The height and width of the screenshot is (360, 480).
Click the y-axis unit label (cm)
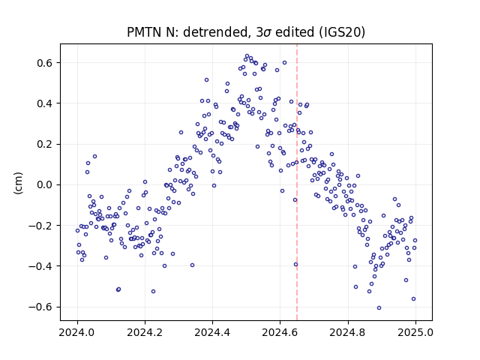tap(18, 183)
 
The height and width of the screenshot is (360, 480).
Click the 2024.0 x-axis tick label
tap(77, 332)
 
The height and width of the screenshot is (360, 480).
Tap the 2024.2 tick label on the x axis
tap(145, 332)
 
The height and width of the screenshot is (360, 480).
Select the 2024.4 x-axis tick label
tap(212, 332)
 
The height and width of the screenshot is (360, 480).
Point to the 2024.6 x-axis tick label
tap(280, 332)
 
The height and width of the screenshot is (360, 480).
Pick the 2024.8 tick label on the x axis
tap(348, 332)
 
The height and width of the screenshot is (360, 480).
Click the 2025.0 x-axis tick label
tap(415, 332)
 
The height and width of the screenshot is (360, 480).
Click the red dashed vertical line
tap(297, 182)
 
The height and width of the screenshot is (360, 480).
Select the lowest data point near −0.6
tap(379, 308)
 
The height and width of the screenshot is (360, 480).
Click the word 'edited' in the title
tap(295, 31)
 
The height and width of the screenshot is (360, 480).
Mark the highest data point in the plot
tap(247, 56)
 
